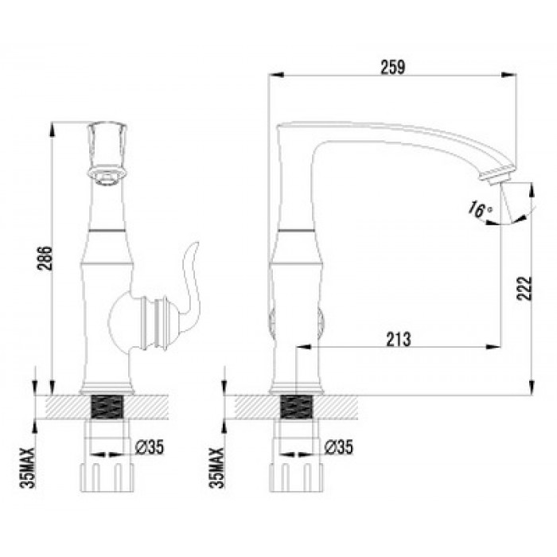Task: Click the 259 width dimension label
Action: pos(393,67)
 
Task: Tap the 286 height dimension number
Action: pos(45,259)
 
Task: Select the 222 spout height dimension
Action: pos(524,288)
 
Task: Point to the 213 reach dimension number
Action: pos(399,339)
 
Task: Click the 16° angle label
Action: pos(479,208)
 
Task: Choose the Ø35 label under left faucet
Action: pos(150,447)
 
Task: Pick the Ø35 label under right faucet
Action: pos(339,447)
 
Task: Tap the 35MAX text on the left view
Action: pos(28,468)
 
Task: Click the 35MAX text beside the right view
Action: pos(217,468)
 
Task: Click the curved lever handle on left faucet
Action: pos(191,281)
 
